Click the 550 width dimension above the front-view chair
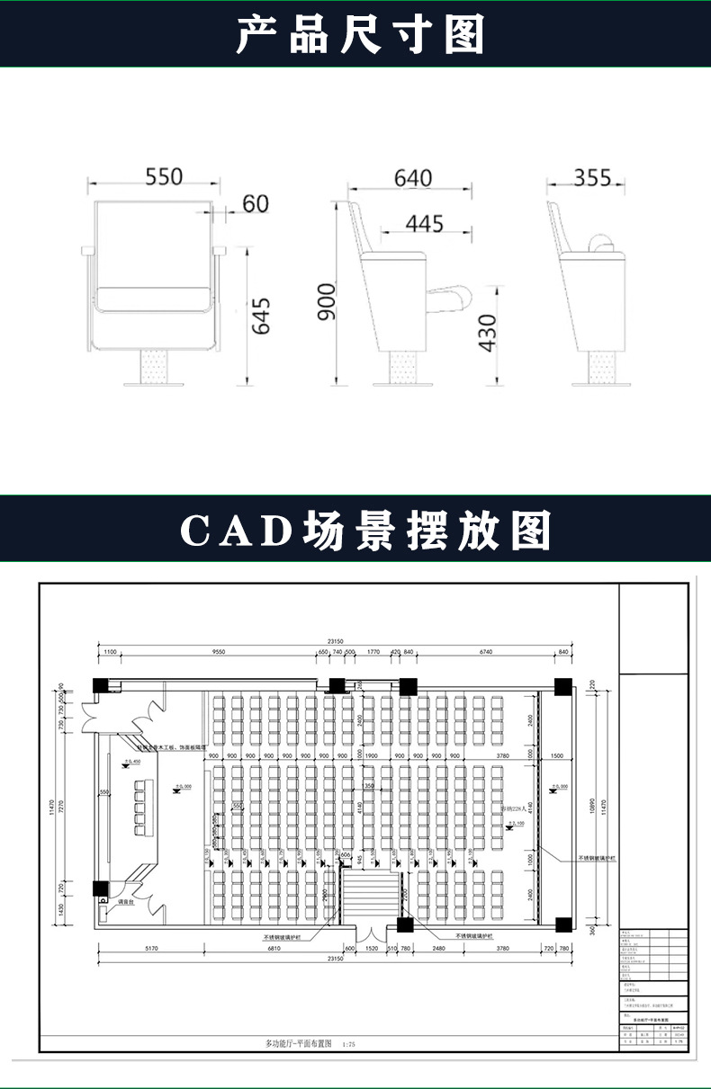tap(164, 176)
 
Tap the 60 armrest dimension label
tap(256, 204)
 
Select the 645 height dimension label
tap(261, 317)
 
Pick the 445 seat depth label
tap(424, 223)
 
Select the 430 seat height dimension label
tap(487, 333)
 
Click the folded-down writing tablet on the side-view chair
tap(455, 294)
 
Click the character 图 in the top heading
tap(464, 35)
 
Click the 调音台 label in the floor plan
tap(125, 900)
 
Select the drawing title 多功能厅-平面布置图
tap(299, 1044)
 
